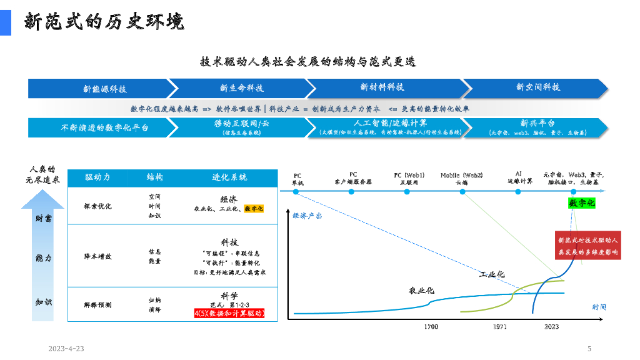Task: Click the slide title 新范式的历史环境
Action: point(104,22)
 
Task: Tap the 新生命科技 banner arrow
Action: point(241,88)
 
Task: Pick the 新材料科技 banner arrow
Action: point(382,87)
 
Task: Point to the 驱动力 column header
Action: point(97,177)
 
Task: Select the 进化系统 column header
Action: point(229,177)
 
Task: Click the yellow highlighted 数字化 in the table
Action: point(254,209)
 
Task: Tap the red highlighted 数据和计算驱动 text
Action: point(229,313)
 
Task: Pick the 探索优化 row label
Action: point(97,206)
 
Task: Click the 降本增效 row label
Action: point(97,256)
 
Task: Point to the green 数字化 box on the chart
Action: point(581,203)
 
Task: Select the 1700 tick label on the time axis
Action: point(431,327)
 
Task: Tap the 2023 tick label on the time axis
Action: point(551,327)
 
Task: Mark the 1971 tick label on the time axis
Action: point(500,327)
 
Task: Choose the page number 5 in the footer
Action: point(589,349)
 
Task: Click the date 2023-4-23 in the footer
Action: point(66,349)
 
